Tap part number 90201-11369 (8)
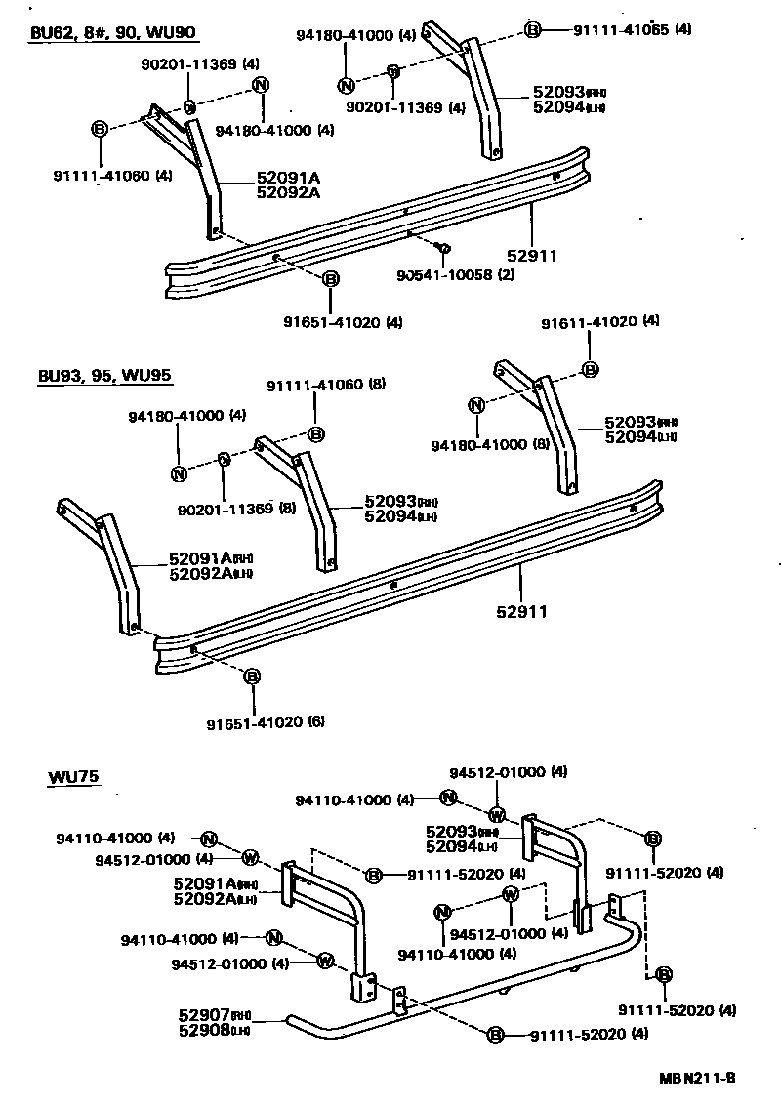(237, 509)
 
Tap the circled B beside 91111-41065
(532, 30)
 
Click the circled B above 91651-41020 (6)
(252, 676)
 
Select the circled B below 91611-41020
(590, 369)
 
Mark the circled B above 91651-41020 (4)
(330, 279)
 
